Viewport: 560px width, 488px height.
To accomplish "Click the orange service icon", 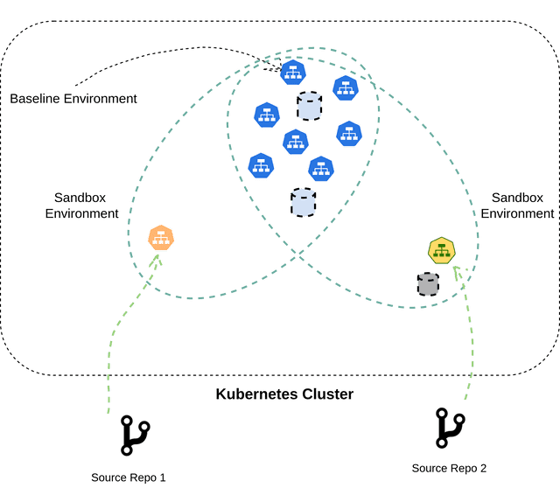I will [x=160, y=237].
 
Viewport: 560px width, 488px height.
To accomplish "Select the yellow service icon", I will [x=440, y=250].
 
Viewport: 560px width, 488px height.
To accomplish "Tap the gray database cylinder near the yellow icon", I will [x=427, y=283].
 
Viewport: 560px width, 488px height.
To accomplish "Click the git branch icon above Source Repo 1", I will [x=136, y=435].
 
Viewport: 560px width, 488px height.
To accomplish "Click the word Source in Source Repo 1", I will [x=109, y=478].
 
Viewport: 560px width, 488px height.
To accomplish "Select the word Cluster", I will [x=324, y=394].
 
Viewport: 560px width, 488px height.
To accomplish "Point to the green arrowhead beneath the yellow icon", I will [x=455, y=273].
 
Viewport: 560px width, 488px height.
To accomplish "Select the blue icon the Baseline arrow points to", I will [x=293, y=73].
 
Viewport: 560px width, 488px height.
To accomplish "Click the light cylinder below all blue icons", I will [x=303, y=203].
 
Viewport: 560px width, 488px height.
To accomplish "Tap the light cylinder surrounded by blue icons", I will [x=309, y=107].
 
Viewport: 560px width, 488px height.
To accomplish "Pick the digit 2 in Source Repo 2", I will [x=483, y=469].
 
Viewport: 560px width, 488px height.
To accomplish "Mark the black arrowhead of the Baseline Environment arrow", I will [x=274, y=65].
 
